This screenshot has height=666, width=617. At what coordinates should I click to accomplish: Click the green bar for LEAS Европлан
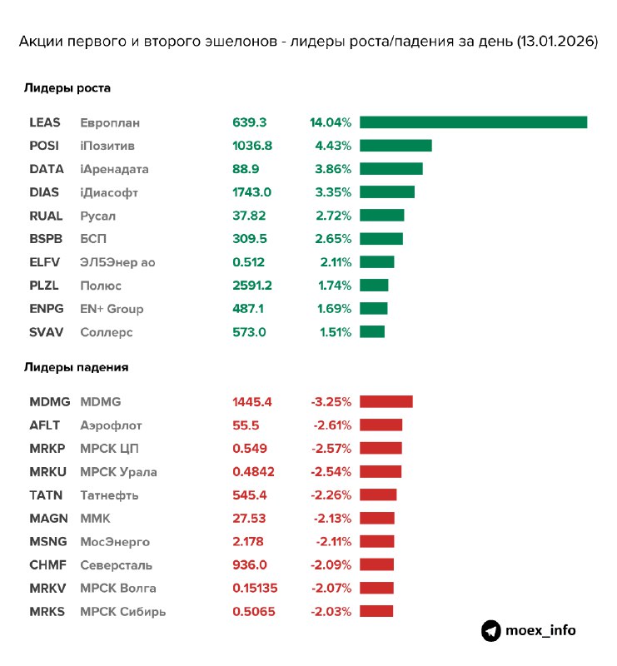click(473, 122)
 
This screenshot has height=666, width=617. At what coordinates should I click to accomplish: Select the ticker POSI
click(45, 146)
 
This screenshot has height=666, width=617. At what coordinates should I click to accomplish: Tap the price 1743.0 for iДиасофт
click(252, 192)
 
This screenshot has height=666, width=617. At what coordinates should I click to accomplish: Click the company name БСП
click(93, 239)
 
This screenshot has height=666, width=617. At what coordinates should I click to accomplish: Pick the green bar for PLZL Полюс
click(374, 286)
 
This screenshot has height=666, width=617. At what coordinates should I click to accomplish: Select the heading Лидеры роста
click(67, 87)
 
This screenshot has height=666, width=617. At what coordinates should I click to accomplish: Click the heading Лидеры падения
click(76, 366)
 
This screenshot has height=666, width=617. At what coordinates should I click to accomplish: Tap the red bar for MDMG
click(386, 402)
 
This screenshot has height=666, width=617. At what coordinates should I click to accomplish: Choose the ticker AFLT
click(44, 425)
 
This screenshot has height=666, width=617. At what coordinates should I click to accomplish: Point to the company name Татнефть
click(109, 495)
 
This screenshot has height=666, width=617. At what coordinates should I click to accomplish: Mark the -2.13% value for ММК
click(331, 519)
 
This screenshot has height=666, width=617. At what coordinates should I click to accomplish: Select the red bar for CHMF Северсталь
click(377, 565)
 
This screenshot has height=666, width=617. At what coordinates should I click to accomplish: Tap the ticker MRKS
click(46, 612)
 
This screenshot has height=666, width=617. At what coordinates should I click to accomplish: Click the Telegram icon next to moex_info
click(491, 630)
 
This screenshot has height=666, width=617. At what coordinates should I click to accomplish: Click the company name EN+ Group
click(112, 309)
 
